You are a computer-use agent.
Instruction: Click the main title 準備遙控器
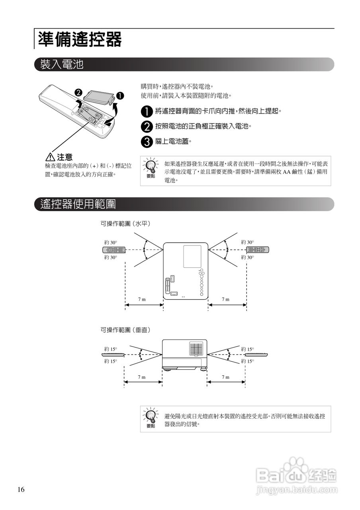[x=80, y=39]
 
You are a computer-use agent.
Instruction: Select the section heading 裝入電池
[x=62, y=65]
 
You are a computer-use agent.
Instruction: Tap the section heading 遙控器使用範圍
[x=78, y=204]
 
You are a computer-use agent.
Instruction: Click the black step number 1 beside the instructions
[x=147, y=111]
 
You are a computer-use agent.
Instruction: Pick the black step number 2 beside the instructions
[x=147, y=127]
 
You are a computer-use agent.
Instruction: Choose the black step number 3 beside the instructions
[x=147, y=141]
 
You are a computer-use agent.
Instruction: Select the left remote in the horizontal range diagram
[x=114, y=250]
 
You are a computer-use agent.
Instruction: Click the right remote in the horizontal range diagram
[x=257, y=250]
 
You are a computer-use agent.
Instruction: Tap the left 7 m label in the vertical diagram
[x=142, y=377]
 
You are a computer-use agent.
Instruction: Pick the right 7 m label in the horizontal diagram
[x=226, y=299]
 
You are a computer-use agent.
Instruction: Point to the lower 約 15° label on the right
[x=247, y=361]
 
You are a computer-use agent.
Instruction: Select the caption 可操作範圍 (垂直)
[x=125, y=330]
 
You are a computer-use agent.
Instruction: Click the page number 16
[x=21, y=490]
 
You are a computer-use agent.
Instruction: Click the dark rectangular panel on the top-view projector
[x=192, y=257]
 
